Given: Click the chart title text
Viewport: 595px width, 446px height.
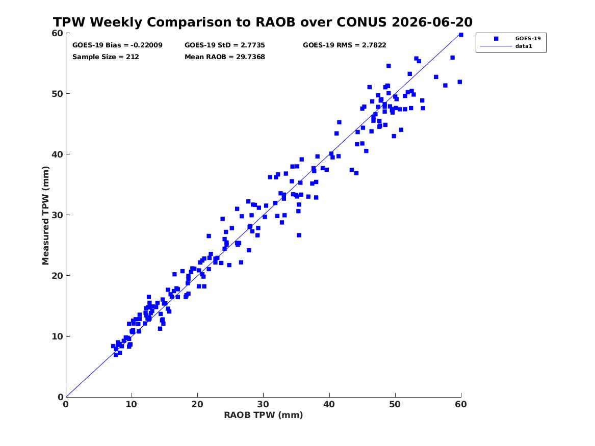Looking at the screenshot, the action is click(x=263, y=22).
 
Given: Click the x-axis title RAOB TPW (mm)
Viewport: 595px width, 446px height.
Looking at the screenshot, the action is click(x=264, y=415).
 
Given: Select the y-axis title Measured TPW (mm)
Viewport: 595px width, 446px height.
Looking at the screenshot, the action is click(x=45, y=216).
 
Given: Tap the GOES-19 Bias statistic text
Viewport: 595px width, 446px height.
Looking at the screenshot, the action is click(x=117, y=45).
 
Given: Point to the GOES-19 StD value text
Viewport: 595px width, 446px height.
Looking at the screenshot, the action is click(x=225, y=45).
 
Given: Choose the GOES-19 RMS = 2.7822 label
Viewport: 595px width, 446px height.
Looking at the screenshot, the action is click(x=345, y=45).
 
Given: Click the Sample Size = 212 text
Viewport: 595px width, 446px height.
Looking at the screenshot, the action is click(x=106, y=57).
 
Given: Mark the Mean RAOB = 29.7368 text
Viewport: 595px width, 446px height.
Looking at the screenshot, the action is click(x=225, y=57).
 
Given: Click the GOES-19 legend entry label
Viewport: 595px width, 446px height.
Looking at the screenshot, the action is click(x=528, y=38).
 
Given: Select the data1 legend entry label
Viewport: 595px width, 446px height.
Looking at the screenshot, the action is click(x=524, y=46).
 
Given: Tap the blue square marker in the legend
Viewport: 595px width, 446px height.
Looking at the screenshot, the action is click(x=496, y=38).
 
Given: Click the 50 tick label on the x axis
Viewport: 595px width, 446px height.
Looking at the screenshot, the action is click(x=395, y=404).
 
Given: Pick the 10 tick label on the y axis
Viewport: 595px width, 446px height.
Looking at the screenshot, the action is click(x=57, y=336).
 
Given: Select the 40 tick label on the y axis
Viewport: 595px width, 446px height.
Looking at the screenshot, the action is click(x=57, y=154).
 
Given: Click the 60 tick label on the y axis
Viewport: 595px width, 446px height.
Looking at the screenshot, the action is click(x=57, y=33).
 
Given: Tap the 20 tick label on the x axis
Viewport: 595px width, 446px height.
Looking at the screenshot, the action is click(x=197, y=404).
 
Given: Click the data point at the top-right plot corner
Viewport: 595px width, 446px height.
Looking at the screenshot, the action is click(x=461, y=35).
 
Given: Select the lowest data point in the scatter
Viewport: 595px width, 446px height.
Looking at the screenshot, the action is click(x=116, y=355).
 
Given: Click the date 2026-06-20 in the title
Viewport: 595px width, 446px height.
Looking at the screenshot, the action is click(x=432, y=22).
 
